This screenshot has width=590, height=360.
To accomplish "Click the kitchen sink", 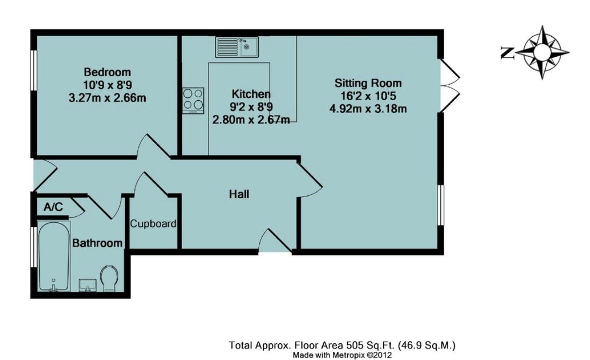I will (237, 47).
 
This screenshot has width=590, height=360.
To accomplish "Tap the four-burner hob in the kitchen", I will (194, 100).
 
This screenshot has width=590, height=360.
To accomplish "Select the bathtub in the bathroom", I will (53, 256).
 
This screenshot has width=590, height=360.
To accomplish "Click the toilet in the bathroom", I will (108, 279).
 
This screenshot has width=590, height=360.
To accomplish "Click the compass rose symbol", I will (542, 52).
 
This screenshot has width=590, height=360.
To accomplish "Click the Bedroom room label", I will (107, 72).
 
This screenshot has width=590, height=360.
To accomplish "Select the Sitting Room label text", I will (368, 83).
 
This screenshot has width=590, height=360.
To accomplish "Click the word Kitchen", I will (251, 94).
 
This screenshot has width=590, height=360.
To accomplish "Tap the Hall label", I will (239, 194).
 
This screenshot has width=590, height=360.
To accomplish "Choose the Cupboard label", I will (153, 224).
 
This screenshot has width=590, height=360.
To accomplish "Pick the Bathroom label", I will (97, 244).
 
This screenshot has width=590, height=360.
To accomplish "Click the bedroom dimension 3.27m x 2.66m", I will (107, 98).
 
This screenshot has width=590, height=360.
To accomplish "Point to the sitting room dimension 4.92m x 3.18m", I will (368, 108).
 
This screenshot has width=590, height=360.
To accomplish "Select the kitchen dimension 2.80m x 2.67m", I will (251, 119).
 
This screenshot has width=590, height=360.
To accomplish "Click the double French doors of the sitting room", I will (449, 85).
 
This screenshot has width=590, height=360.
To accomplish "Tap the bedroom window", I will (33, 70).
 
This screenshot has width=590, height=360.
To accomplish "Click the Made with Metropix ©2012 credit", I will (342, 355).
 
